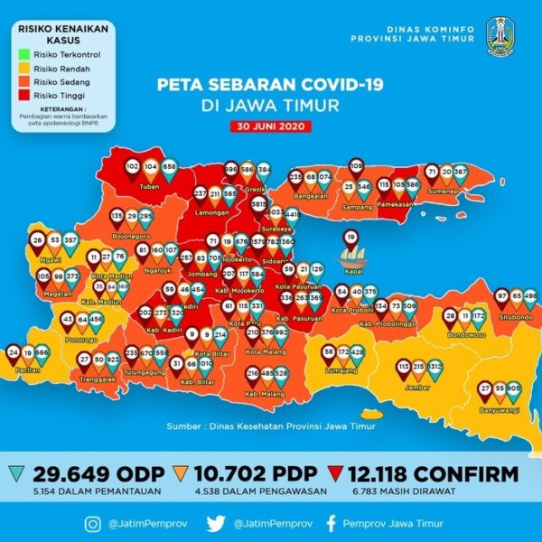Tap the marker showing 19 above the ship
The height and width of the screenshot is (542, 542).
350,238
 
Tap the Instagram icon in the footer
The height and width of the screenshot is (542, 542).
93,522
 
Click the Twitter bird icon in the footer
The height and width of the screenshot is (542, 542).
214,522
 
